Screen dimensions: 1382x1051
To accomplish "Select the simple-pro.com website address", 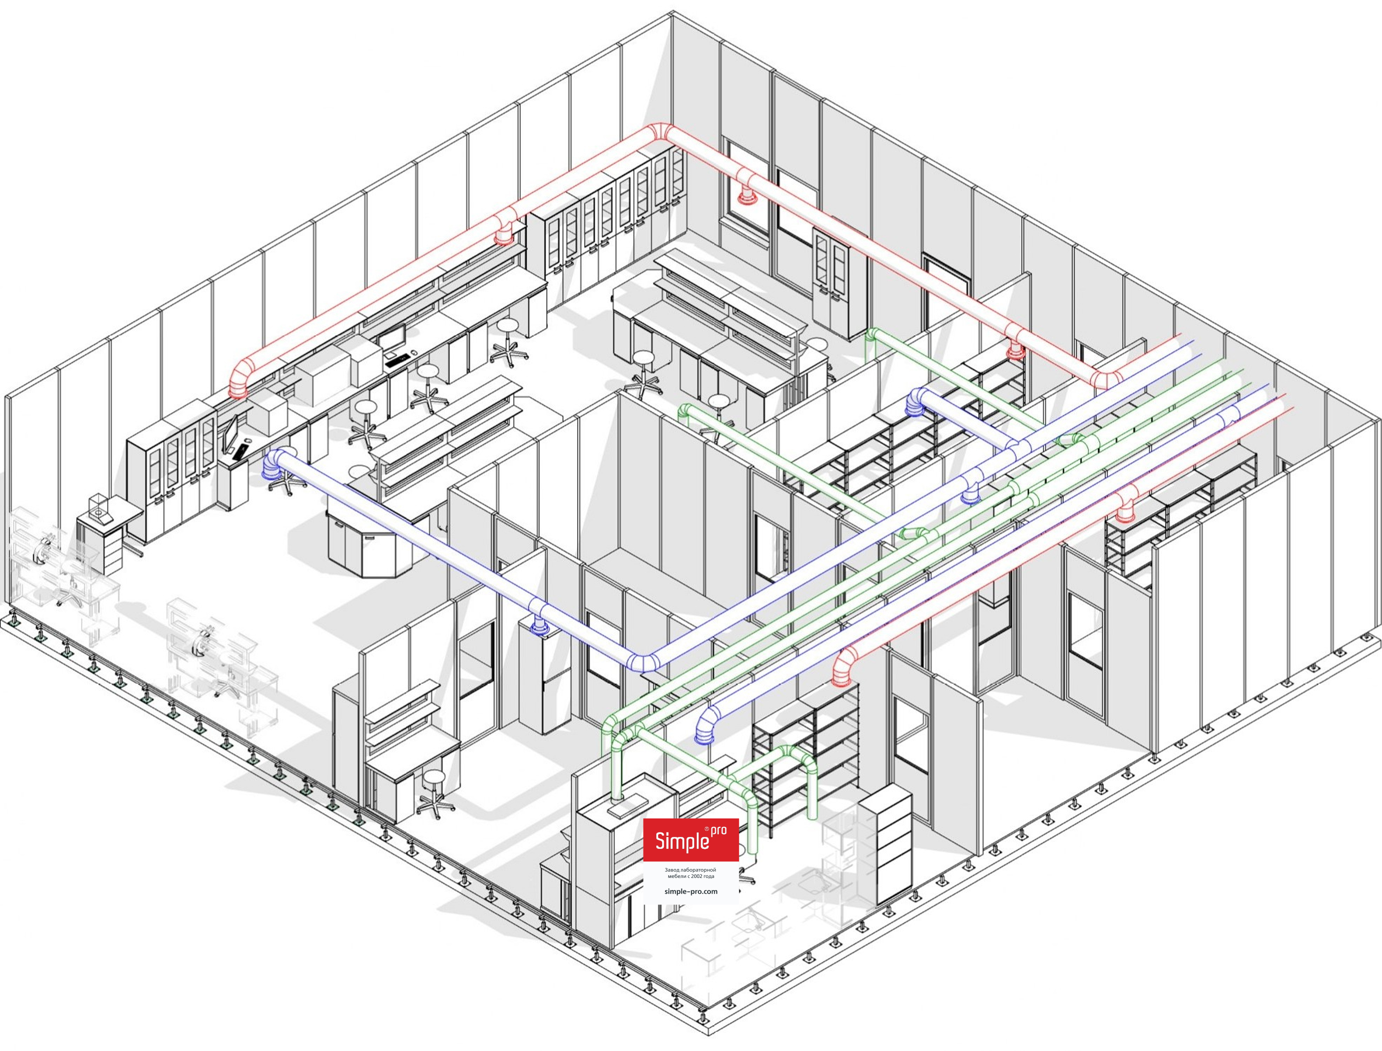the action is (x=691, y=891).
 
